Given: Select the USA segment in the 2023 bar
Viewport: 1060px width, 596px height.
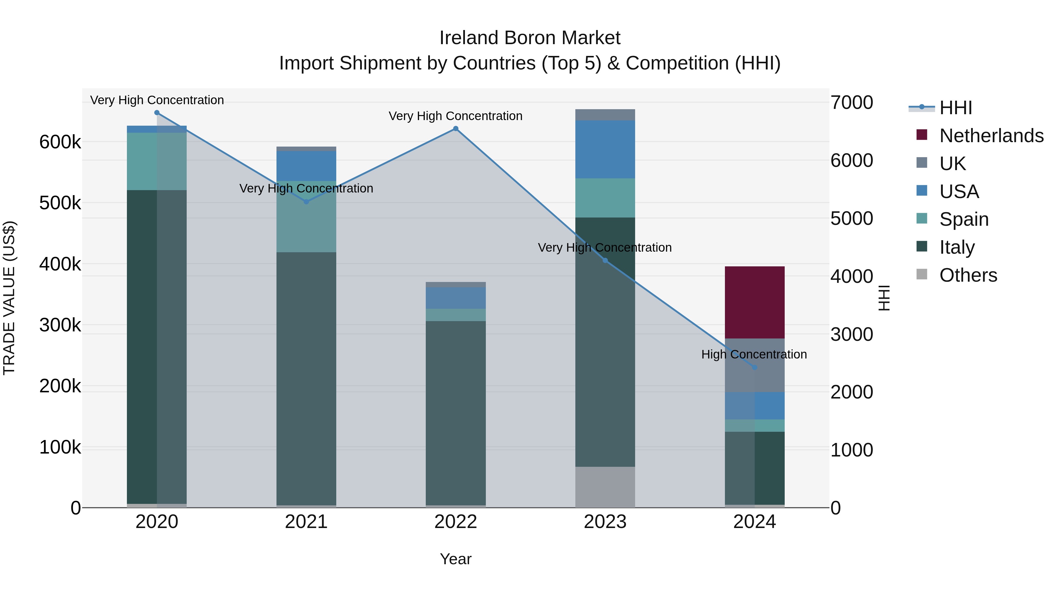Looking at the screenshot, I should coord(605,149).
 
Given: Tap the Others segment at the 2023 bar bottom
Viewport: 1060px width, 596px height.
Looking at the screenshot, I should coord(605,487).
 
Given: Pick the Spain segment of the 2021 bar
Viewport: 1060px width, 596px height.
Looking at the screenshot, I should coord(306,217).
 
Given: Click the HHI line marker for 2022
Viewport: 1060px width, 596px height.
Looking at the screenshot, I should coord(456,129).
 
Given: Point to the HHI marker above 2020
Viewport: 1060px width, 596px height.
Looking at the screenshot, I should coord(157,113).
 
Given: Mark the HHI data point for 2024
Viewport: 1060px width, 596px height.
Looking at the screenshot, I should coord(754,367).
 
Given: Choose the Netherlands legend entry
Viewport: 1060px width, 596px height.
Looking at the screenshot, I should coord(991,136).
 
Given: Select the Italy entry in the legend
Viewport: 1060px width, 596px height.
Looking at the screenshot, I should coord(957,247).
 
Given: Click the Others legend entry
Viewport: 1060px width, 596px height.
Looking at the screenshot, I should coord(968,275).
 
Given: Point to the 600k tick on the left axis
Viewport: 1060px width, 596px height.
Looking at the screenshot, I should coord(60,142).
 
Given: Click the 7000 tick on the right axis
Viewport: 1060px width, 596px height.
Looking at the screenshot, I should coord(851,102).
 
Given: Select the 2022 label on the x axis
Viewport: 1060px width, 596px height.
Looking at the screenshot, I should coord(456,522).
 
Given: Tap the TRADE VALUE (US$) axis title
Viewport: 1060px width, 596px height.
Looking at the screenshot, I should coord(9,298).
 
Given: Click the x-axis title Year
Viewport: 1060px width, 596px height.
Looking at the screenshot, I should coord(456,559).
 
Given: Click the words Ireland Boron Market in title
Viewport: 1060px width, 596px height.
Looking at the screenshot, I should coord(530,38).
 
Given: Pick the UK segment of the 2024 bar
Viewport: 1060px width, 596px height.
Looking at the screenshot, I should coord(754,365).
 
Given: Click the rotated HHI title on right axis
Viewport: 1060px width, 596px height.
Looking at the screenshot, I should coord(884,298).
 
